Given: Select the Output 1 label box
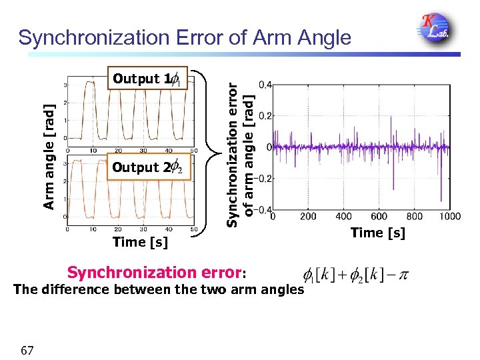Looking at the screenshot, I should [x=149, y=79].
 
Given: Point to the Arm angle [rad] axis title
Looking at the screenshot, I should [x=49, y=157].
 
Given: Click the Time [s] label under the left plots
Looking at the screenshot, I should [x=140, y=242].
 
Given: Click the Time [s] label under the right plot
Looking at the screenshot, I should [x=377, y=232].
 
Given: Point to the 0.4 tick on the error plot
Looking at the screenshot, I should [x=265, y=85].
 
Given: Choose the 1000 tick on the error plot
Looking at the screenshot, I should [x=450, y=217].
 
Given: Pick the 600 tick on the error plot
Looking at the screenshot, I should [x=379, y=217].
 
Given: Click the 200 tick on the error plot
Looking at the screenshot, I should [x=308, y=217].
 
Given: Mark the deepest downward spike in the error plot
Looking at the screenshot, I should [x=441, y=200].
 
